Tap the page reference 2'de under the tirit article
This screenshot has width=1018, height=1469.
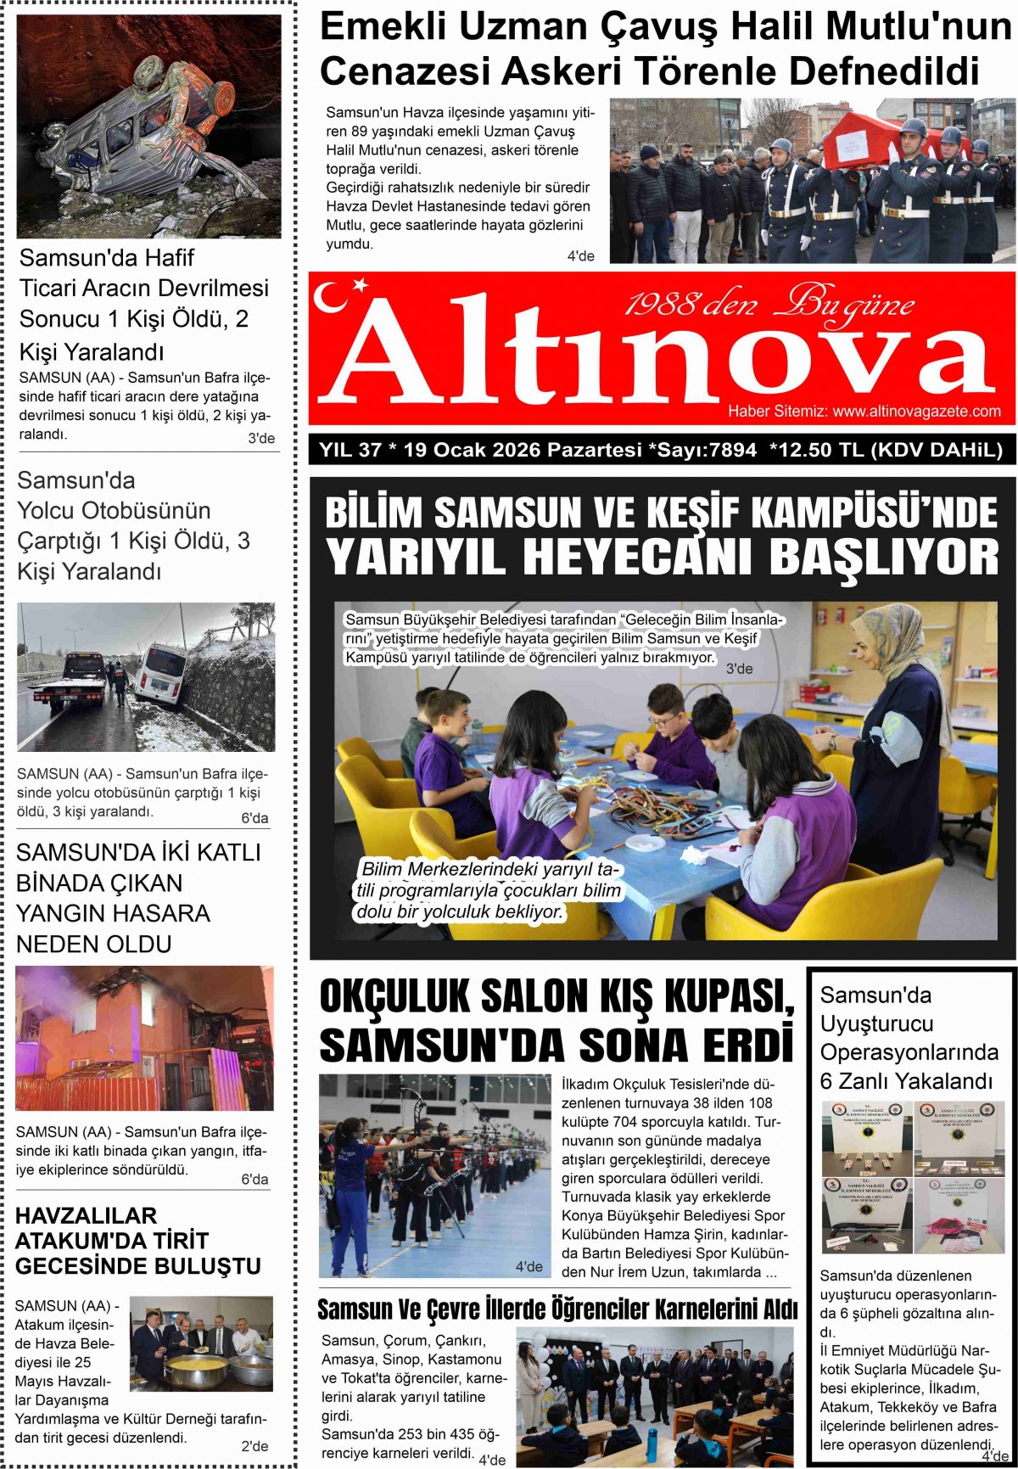coord(255,1446)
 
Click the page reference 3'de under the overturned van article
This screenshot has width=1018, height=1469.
coord(261,438)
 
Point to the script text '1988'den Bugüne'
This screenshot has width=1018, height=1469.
coord(769,304)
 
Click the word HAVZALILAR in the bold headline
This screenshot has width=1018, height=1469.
coord(87,1215)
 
